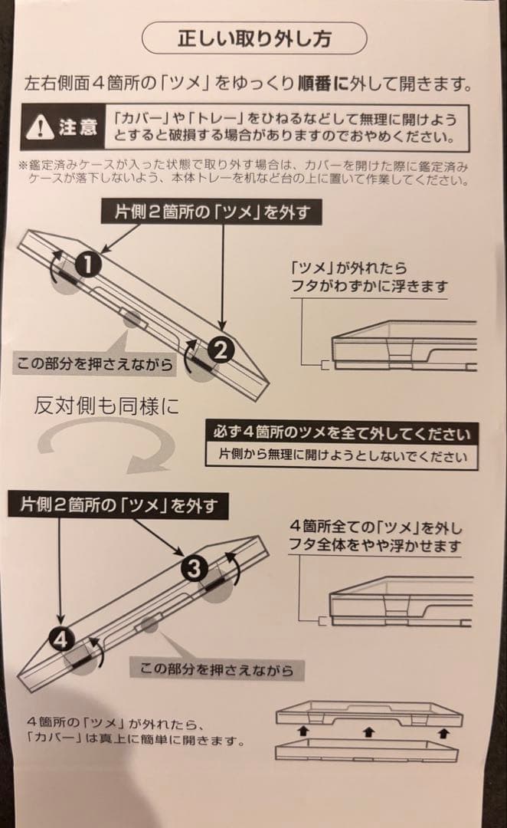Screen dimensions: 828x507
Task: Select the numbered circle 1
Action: tap(90, 264)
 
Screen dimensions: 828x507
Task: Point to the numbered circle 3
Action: tap(194, 568)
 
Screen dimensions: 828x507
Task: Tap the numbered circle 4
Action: tap(63, 637)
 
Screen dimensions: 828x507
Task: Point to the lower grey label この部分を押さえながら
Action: tap(217, 669)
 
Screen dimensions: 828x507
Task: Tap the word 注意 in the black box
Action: tap(77, 127)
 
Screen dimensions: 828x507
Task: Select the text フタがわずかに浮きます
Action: tap(369, 287)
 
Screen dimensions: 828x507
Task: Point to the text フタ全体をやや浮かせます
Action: tap(375, 546)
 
